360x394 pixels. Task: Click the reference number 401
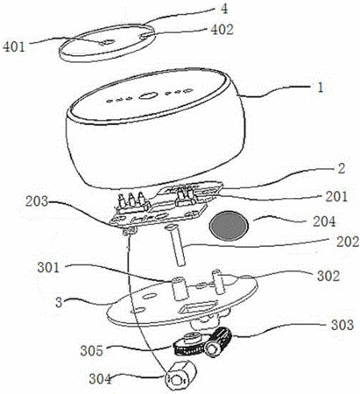click(13, 46)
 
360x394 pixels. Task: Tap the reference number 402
click(222, 30)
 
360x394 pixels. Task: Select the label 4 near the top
click(224, 9)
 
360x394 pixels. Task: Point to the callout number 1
click(321, 87)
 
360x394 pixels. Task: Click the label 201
click(336, 197)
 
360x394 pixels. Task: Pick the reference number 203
click(37, 201)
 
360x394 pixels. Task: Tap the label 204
click(325, 222)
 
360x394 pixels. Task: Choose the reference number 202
click(348, 242)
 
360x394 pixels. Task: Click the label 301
click(48, 267)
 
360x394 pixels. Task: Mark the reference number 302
click(328, 276)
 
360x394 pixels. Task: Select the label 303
click(342, 325)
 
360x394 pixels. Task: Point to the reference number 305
click(92, 350)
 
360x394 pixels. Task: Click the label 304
click(100, 379)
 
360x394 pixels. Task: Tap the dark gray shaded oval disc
click(229, 226)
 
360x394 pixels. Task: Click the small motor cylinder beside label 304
click(180, 376)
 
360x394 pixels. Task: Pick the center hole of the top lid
click(107, 43)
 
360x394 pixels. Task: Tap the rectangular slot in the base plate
click(199, 307)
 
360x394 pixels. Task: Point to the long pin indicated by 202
click(175, 245)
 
